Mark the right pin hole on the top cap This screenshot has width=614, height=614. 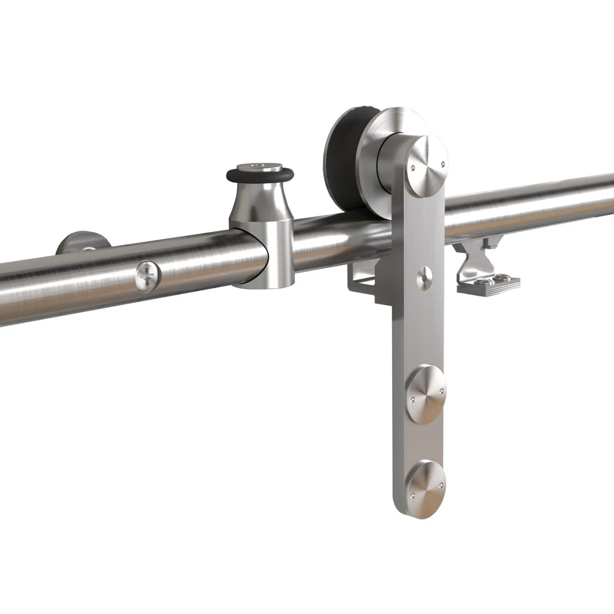point(443,163)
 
